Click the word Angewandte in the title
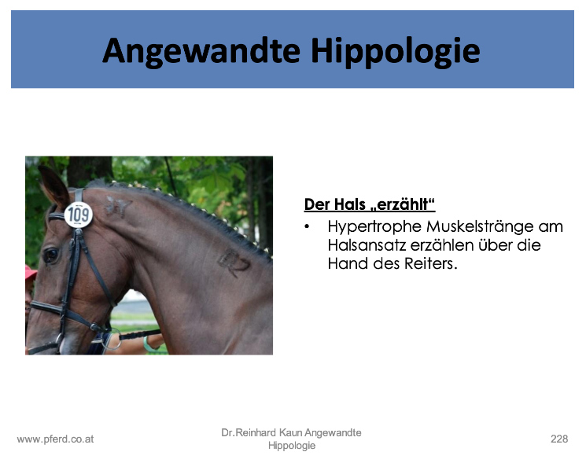(201, 52)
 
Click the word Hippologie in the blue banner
(396, 52)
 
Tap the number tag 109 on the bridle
(79, 215)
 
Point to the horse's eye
(50, 255)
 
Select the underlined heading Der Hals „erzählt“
(370, 204)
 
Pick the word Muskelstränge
(481, 226)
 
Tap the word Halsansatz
(367, 245)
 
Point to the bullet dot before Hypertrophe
(308, 226)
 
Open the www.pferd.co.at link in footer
(55, 439)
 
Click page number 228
(559, 439)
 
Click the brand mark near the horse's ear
(118, 207)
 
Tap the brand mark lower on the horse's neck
(234, 262)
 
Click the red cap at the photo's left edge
(31, 273)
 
